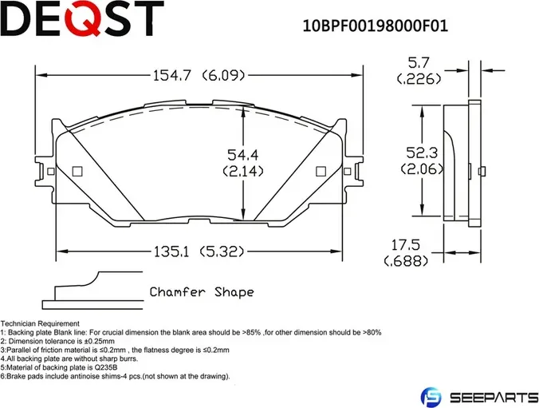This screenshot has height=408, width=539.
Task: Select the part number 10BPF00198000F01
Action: tap(374, 25)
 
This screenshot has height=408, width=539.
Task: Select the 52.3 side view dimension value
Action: tap(418, 151)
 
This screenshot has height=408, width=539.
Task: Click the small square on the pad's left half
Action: tap(77, 171)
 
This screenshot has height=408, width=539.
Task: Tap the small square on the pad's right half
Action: tap(321, 171)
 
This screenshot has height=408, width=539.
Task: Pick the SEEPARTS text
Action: tap(487, 396)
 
